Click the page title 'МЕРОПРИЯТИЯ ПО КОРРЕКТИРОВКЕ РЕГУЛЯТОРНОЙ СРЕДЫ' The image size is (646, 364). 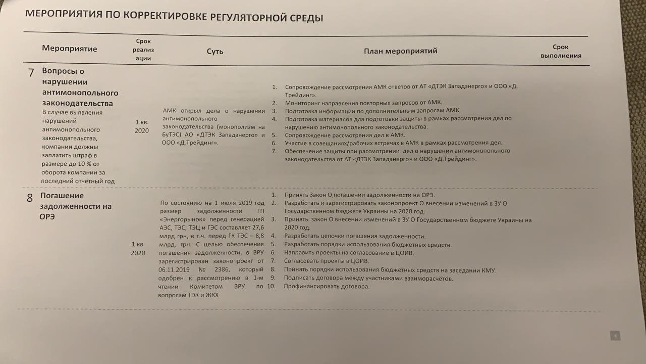[x=174, y=16]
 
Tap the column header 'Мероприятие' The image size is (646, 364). [x=70, y=49]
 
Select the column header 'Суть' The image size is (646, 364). [x=214, y=52]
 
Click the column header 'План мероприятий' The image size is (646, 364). [x=400, y=51]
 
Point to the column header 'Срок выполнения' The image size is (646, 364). [x=561, y=52]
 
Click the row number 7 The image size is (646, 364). [x=31, y=72]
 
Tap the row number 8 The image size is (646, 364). [x=30, y=198]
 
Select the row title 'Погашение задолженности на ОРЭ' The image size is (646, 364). [x=76, y=206]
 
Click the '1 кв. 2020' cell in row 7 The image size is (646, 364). [x=142, y=126]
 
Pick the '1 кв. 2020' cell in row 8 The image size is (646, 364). [x=138, y=248]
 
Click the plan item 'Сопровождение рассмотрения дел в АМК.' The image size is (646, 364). [x=345, y=135]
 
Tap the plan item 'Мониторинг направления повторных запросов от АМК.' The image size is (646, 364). [x=363, y=102]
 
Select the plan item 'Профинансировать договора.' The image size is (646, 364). [x=327, y=286]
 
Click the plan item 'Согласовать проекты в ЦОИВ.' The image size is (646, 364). [x=327, y=261]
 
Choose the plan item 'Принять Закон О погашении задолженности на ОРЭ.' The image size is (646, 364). [x=359, y=195]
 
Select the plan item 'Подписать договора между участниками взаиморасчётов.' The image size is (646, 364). [x=368, y=278]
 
